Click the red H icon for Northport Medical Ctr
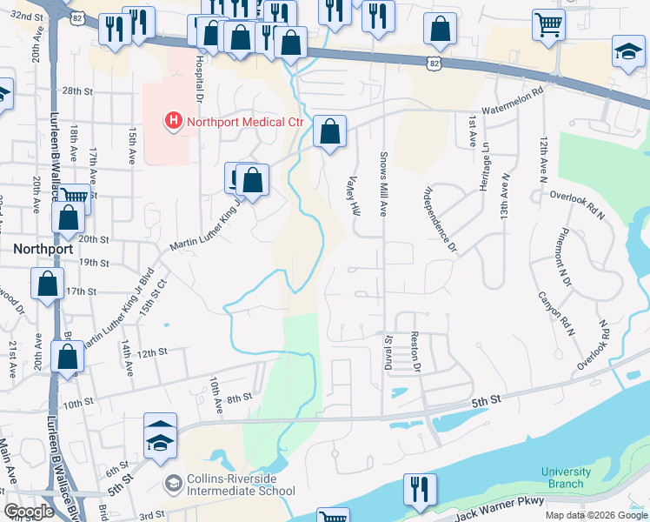click(x=174, y=120)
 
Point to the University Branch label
click(x=566, y=478)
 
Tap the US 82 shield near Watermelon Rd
click(x=434, y=63)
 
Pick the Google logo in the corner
click(x=29, y=512)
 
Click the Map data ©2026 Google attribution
click(x=596, y=515)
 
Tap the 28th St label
click(x=76, y=91)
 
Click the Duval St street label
click(x=389, y=352)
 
